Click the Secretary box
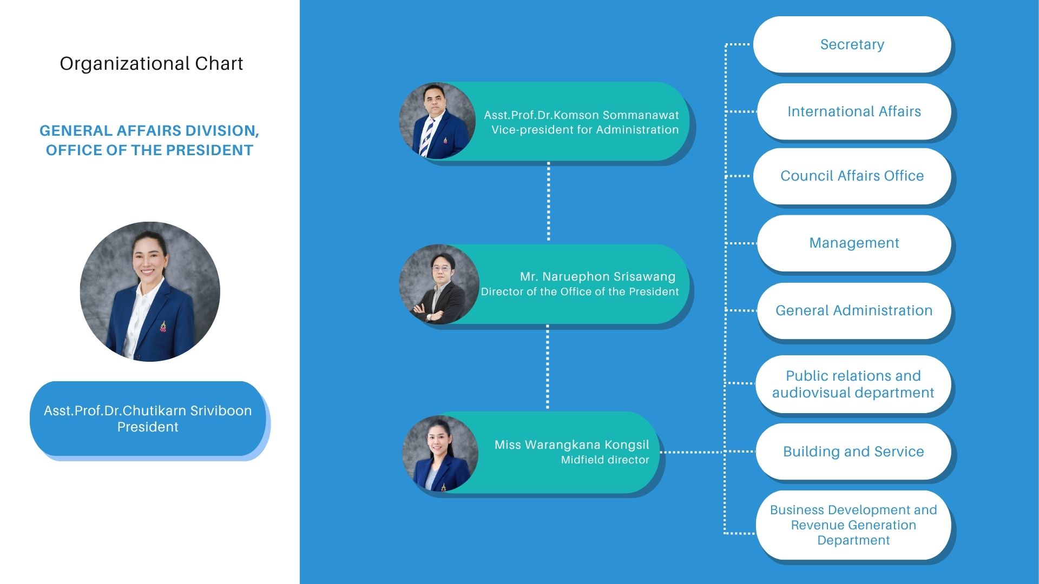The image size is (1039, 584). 852,44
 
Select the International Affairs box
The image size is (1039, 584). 853,111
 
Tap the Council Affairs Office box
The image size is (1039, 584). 852,176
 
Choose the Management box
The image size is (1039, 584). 853,243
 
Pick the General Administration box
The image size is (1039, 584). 853,310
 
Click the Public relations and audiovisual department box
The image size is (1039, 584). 853,384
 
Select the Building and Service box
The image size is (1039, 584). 853,452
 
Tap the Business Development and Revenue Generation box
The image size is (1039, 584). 853,525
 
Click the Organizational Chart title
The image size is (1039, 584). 151,64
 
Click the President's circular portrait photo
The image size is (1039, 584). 150,291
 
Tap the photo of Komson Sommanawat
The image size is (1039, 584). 437,121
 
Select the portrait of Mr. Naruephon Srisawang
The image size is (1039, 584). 438,284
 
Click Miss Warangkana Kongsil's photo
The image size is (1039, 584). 439,453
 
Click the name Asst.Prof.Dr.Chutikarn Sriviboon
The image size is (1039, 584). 148,410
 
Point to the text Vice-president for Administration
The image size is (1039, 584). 584,130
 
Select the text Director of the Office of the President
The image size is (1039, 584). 580,291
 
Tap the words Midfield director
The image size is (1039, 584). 604,460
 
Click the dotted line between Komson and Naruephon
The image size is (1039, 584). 548,202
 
